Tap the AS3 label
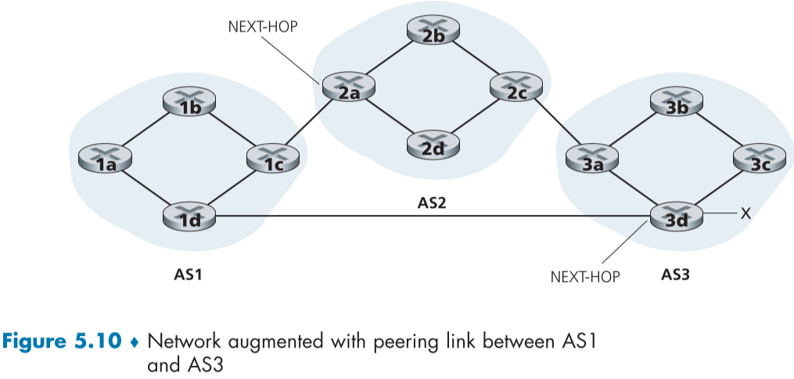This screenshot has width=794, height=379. click(x=676, y=275)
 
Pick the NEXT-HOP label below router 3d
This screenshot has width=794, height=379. click(x=585, y=276)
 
